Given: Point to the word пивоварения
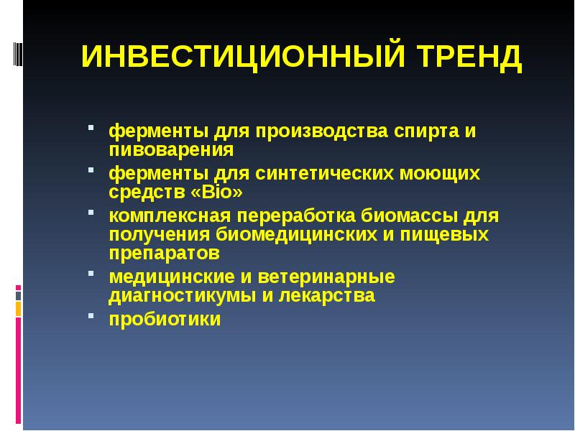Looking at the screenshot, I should coord(171,150).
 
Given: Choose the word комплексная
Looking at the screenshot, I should coord(170,217).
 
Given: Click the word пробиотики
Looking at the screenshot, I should coord(165,319).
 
